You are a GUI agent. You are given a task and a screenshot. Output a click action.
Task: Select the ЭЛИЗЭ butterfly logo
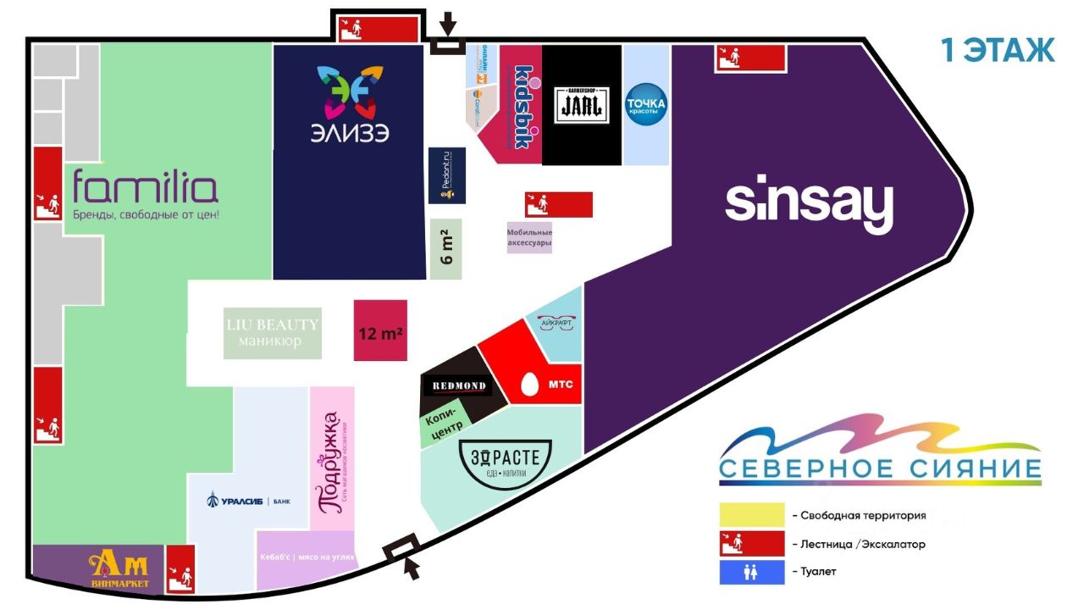[348, 93]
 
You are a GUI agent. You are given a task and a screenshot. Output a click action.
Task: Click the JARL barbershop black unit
[582, 105]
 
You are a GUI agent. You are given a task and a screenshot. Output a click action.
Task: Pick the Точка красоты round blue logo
[645, 105]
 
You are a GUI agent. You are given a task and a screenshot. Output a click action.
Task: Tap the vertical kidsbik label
[523, 107]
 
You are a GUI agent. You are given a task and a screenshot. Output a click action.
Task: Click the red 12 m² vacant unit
[380, 330]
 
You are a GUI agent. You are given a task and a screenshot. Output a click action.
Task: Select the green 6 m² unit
[446, 249]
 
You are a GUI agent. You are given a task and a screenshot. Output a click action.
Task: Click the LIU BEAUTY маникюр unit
[273, 332]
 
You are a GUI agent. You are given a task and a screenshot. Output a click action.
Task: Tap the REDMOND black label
[459, 386]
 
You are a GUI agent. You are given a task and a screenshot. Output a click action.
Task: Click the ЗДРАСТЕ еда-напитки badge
[506, 463]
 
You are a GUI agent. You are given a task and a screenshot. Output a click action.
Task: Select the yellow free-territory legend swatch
[752, 515]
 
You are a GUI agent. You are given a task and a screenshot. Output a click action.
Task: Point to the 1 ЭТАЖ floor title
[998, 50]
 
